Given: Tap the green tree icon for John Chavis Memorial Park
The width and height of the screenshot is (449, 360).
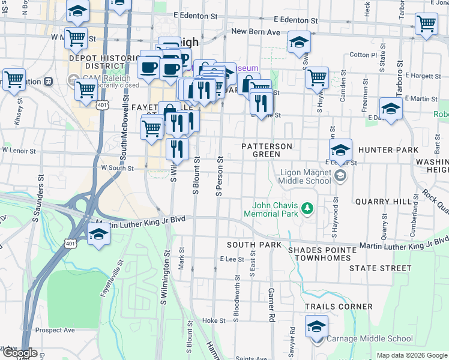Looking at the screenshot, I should pos(308,208).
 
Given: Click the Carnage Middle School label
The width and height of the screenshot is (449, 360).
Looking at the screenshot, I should pos(370,339).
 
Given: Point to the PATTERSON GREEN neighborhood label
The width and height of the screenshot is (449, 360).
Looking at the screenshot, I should pos(267,150).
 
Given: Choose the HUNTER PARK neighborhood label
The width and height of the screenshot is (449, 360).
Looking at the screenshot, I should pos(388,149).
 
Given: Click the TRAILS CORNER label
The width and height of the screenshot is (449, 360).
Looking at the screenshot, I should pos(339,307).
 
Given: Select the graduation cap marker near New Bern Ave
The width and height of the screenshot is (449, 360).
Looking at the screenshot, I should pos(298,43).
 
